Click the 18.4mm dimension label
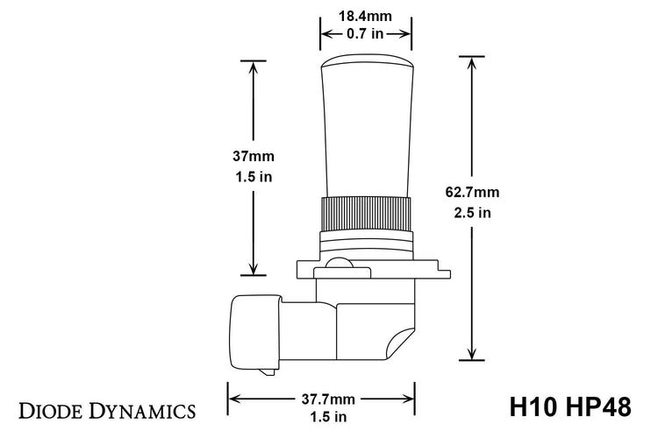365,16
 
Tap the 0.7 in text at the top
365,35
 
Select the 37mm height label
253,157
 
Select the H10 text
535,408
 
